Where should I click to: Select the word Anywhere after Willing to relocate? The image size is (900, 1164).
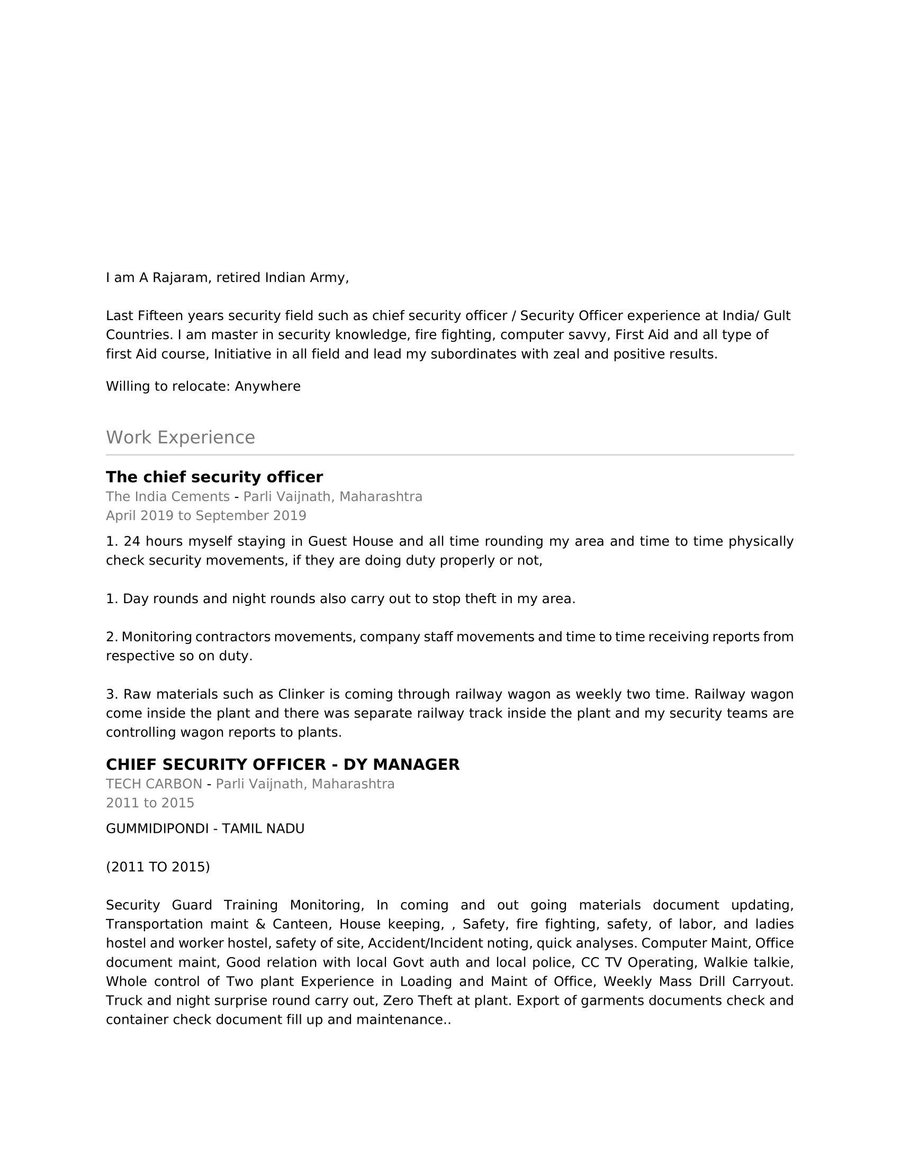pyautogui.click(x=268, y=386)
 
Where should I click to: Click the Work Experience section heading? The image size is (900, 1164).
pyautogui.click(x=180, y=438)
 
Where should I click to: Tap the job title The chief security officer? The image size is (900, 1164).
pyautogui.click(x=214, y=477)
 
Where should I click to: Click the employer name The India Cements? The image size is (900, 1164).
pyautogui.click(x=167, y=497)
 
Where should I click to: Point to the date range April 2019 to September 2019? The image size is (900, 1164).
pyautogui.click(x=206, y=516)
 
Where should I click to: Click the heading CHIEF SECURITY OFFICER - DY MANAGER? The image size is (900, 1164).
pyautogui.click(x=283, y=765)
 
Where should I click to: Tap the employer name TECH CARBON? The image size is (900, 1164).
pyautogui.click(x=154, y=784)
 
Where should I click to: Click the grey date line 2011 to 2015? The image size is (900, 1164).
pyautogui.click(x=150, y=803)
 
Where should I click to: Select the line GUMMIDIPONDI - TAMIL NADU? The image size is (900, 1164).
pyautogui.click(x=205, y=829)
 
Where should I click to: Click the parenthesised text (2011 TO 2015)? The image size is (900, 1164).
pyautogui.click(x=158, y=867)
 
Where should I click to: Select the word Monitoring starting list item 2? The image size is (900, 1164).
pyautogui.click(x=157, y=637)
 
